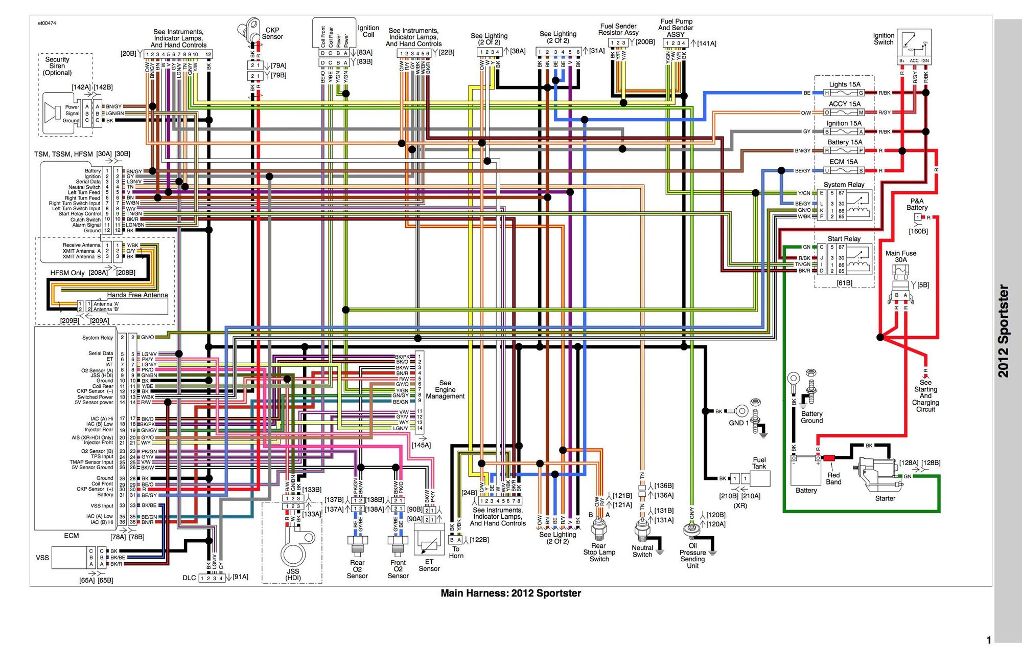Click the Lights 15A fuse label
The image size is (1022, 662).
click(x=844, y=84)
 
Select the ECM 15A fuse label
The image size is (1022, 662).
click(x=843, y=162)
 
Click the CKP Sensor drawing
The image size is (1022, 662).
click(x=250, y=31)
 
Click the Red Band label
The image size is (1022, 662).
click(x=833, y=479)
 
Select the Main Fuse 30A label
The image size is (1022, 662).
click(x=901, y=256)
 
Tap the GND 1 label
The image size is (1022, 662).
click(x=738, y=423)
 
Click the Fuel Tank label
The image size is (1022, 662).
click(x=759, y=463)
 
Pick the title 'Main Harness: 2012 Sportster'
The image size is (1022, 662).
click(x=510, y=593)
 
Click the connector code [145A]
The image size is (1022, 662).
click(x=421, y=445)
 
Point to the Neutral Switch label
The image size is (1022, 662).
click(x=642, y=551)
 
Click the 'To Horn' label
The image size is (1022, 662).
click(x=456, y=553)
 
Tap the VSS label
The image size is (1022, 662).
click(x=42, y=558)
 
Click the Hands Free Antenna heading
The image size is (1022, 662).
click(x=137, y=295)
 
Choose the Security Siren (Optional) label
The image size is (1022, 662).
click(x=57, y=66)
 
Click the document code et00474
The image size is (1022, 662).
click(x=47, y=23)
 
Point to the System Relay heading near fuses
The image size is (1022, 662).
click(x=844, y=185)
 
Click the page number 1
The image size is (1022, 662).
click(x=989, y=640)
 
